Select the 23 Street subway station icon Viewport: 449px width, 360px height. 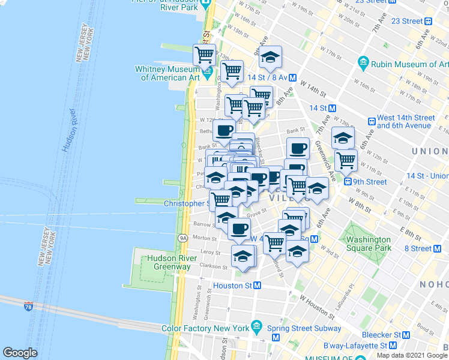tap(429, 21)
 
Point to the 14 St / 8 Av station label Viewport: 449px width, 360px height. tap(267, 77)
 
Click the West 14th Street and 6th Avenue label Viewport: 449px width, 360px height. tap(406, 122)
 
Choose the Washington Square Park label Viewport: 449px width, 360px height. tap(369, 243)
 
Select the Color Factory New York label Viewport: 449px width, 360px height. tap(205, 328)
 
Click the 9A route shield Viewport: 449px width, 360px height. tap(183, 238)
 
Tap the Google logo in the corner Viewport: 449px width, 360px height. tap(20, 353)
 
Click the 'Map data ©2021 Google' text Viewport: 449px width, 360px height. tap(412, 355)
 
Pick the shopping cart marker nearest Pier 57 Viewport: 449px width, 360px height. tap(204, 55)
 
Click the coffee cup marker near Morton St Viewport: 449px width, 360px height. tap(239, 229)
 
